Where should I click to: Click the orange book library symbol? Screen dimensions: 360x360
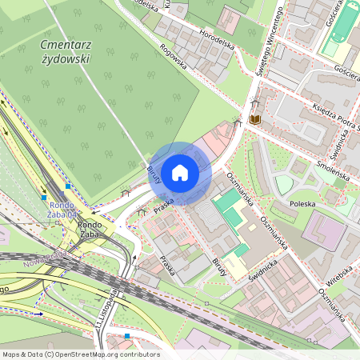254,119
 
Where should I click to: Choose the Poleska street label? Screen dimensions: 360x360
302,204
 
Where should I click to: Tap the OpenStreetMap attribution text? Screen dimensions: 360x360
80,354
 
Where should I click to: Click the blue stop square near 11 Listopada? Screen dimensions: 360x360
127,336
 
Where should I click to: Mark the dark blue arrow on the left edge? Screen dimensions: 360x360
38,314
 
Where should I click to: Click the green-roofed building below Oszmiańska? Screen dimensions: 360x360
230,206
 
